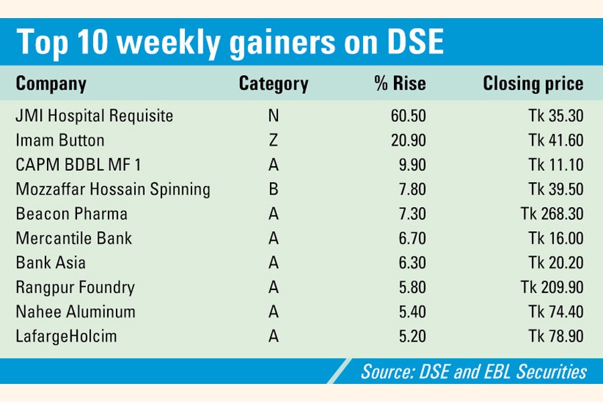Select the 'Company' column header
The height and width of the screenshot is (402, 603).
(51, 84)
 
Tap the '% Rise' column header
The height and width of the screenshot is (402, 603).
(400, 84)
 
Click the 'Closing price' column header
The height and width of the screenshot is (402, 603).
(533, 84)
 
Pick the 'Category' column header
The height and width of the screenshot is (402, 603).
(273, 84)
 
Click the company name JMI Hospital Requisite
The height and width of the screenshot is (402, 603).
(94, 116)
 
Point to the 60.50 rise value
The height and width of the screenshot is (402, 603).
(408, 116)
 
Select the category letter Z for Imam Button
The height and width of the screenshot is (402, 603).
(273, 141)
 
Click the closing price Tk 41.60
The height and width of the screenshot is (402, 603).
(555, 141)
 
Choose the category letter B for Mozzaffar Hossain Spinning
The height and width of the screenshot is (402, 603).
(273, 190)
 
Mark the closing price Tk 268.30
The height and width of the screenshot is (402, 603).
(551, 214)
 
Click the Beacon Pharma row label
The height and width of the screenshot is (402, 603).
(72, 214)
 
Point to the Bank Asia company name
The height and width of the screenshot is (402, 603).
(51, 263)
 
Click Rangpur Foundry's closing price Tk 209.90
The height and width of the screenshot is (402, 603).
(551, 287)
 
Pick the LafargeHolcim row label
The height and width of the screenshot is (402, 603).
(66, 336)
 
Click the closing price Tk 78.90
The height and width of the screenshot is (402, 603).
(555, 336)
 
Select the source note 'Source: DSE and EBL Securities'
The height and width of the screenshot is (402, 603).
(474, 371)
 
